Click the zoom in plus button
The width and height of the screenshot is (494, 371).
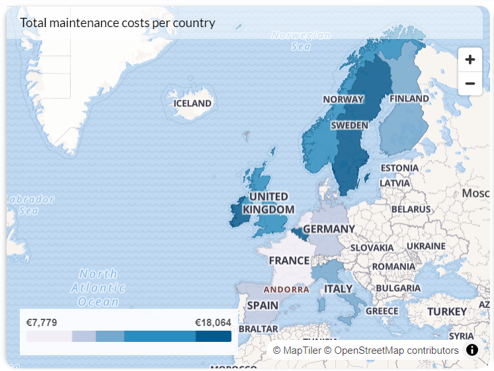click(x=470, y=60)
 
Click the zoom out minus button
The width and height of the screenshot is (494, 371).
click(x=470, y=83)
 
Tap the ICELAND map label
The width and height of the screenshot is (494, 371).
click(x=192, y=103)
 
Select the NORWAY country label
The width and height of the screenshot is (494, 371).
click(x=343, y=99)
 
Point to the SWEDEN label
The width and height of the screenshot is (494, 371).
click(x=350, y=125)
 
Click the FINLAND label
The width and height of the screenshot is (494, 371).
click(x=409, y=99)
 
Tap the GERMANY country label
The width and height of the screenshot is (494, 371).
click(x=329, y=229)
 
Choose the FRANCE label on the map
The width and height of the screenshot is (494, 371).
click(x=289, y=261)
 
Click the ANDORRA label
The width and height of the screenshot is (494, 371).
click(x=286, y=290)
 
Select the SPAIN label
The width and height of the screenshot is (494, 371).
click(x=263, y=306)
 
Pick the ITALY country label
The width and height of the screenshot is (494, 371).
click(x=338, y=289)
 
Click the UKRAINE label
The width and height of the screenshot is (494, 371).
click(x=426, y=246)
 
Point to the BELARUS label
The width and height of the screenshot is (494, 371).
click(x=410, y=209)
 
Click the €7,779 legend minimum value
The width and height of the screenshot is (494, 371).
click(x=42, y=323)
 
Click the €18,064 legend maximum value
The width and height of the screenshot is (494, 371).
click(x=213, y=323)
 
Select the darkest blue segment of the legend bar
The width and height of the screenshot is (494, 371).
click(x=213, y=337)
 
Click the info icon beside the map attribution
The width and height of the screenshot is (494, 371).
click(x=472, y=350)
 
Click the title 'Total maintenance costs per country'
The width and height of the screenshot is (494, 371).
click(x=118, y=22)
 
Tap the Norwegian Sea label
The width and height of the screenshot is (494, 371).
click(x=301, y=40)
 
